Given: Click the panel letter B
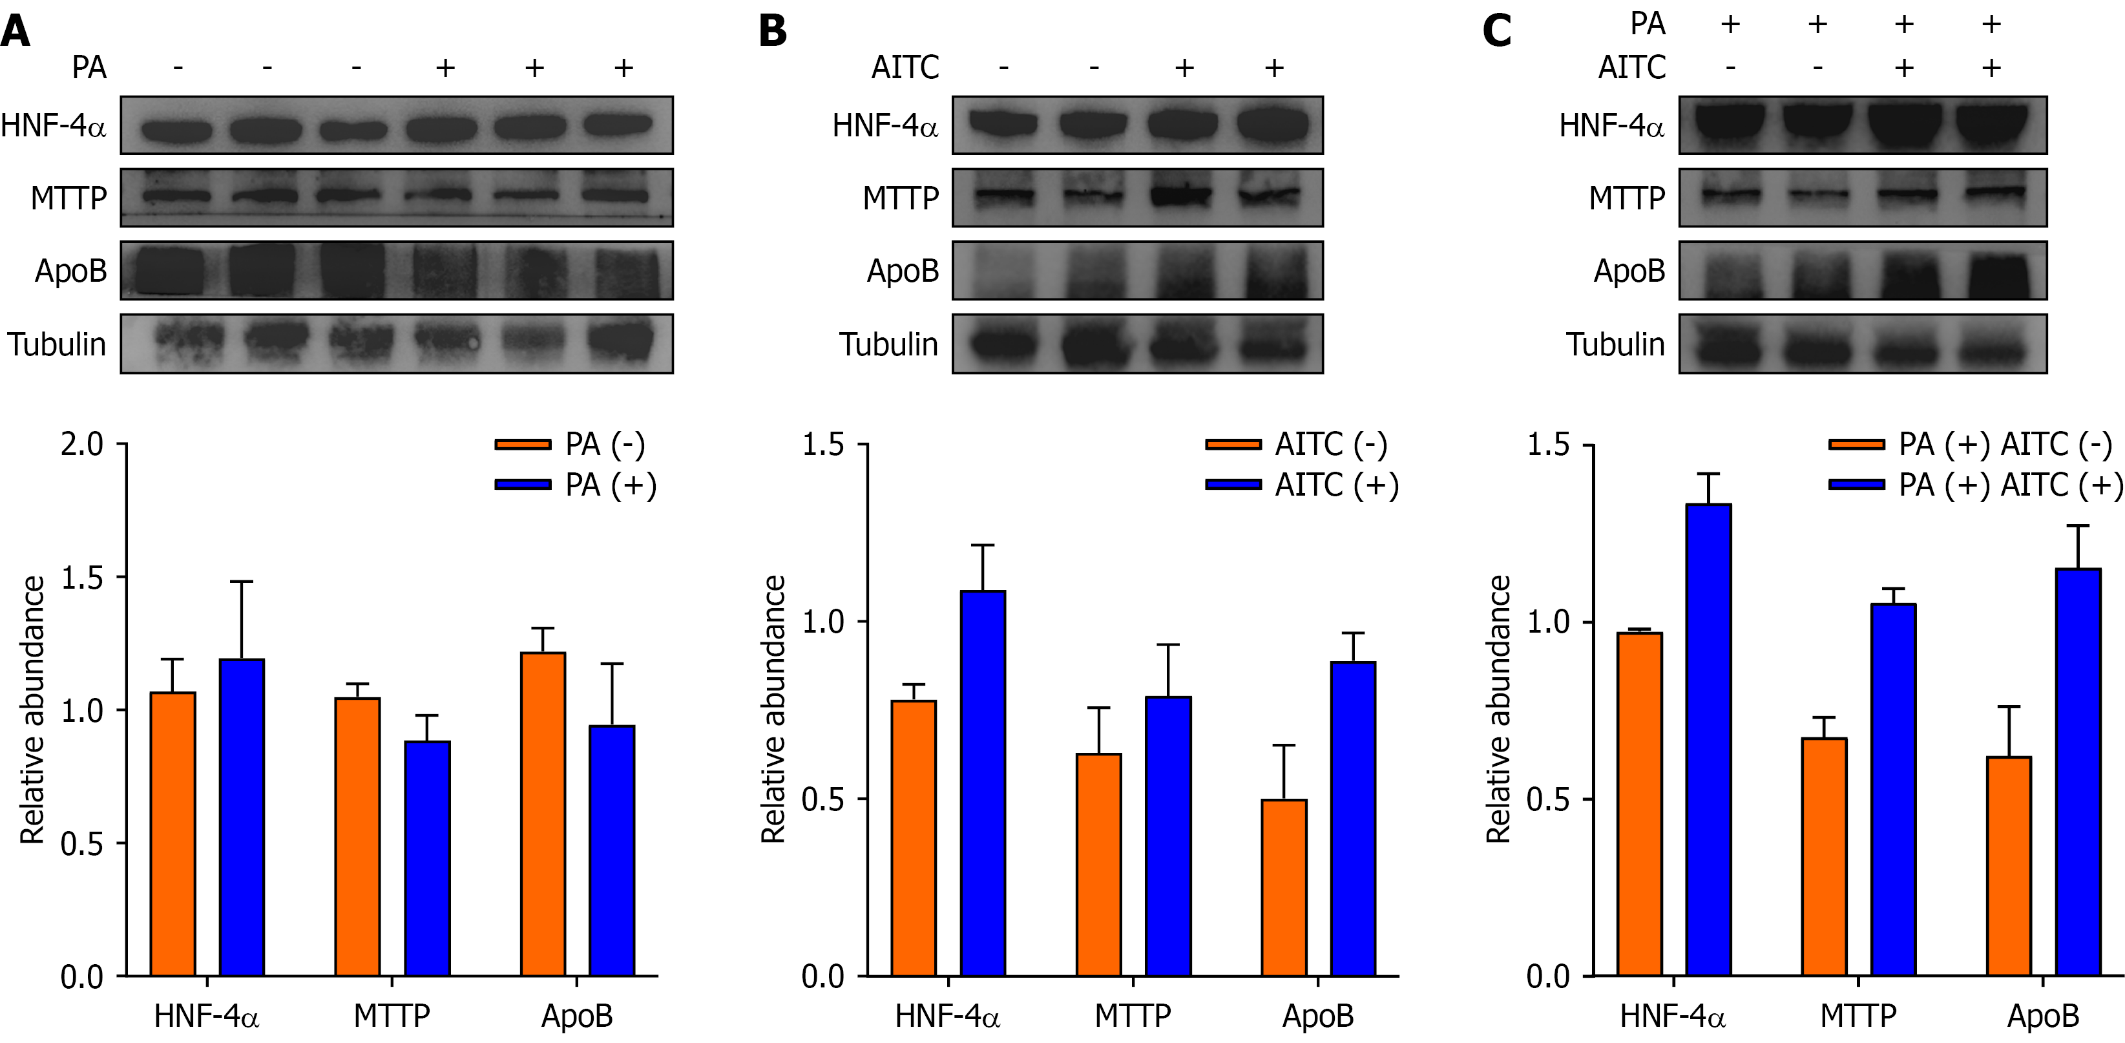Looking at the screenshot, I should pos(772,32).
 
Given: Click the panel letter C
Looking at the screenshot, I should pos(1496,32).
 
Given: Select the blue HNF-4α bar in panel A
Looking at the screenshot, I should pos(242,817).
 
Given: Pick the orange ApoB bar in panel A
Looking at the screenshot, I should pos(543,814).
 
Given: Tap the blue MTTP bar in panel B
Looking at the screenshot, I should pos(1168,836).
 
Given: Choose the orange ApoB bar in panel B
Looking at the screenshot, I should pos(1284,887).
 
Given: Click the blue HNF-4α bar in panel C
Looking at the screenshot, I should pos(1708,739).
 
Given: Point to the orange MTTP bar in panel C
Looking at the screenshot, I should pos(1824,856).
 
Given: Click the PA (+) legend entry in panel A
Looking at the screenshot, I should pos(576,485).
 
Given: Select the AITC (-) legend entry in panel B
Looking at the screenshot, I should pos(1296,445).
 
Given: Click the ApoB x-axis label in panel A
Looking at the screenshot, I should pos(576,1016).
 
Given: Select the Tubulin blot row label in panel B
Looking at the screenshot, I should pos(888,344).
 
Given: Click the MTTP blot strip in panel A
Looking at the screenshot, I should pos(397,197).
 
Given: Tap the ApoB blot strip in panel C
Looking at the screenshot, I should pos(1863,271).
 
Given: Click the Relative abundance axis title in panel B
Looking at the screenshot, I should pos(773,710).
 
